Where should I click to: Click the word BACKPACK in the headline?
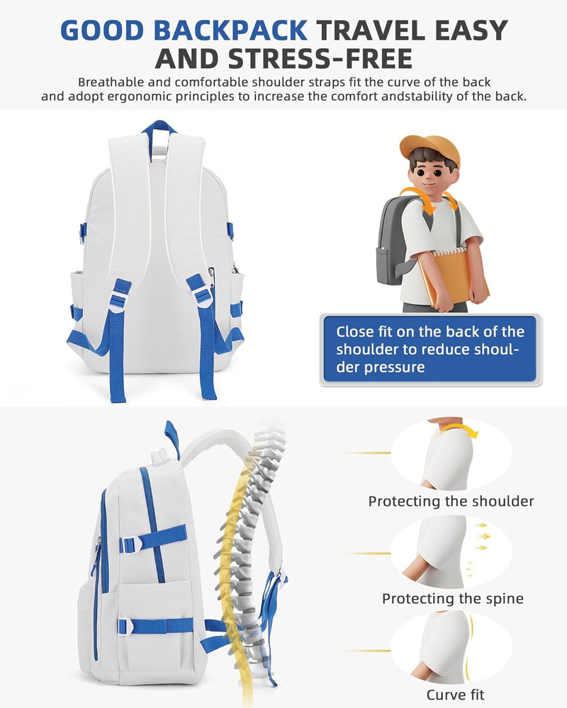pyautogui.click(x=230, y=30)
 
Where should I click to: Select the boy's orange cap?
pyautogui.click(x=430, y=149)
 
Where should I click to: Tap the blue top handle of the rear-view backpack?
pyautogui.click(x=159, y=127)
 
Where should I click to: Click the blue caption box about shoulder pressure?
pyautogui.click(x=430, y=350)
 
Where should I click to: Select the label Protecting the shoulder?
pyautogui.click(x=451, y=501)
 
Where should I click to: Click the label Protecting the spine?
pyautogui.click(x=453, y=599)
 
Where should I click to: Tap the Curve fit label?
pyautogui.click(x=455, y=695)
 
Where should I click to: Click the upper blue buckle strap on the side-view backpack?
pyautogui.click(x=153, y=538)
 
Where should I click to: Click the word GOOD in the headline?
pyautogui.click(x=102, y=30)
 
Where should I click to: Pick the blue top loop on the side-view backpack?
pyautogui.click(x=172, y=438)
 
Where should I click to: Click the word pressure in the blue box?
pyautogui.click(x=394, y=367)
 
